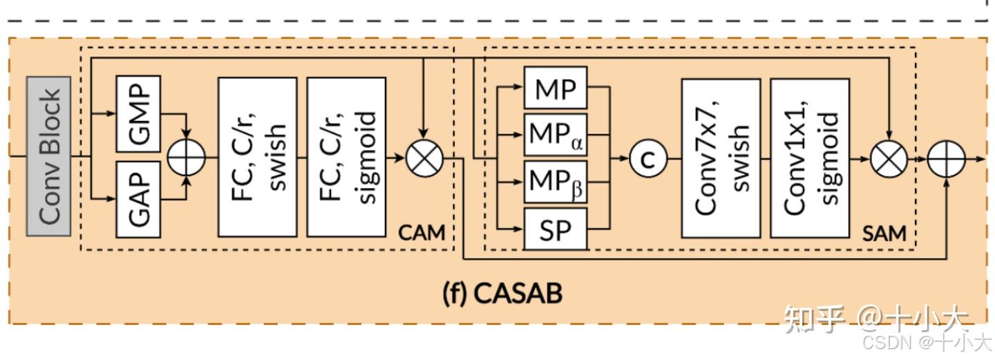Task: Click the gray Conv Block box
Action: (x=49, y=157)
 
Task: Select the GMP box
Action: (x=138, y=113)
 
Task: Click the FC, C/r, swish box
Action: (x=257, y=156)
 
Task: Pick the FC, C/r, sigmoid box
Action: (x=345, y=156)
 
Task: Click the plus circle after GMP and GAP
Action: (x=187, y=157)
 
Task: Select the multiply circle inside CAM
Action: (x=424, y=158)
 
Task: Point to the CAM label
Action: (x=421, y=232)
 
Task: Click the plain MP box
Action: (x=556, y=88)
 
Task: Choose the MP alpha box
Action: (x=556, y=135)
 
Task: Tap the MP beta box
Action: (x=556, y=182)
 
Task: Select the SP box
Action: (x=556, y=229)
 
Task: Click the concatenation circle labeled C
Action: (x=647, y=158)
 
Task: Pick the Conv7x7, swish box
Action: (x=721, y=158)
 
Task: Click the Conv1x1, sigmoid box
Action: (x=809, y=158)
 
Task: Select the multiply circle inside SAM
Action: (x=889, y=158)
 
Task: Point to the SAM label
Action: (x=884, y=234)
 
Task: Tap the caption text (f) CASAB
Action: (x=502, y=293)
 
